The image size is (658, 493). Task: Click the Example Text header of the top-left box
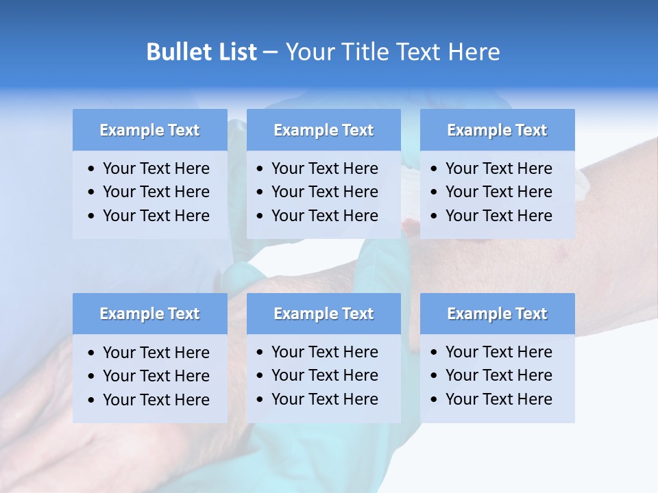(149, 130)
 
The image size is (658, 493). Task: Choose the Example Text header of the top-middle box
(324, 130)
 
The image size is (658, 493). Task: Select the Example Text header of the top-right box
(497, 130)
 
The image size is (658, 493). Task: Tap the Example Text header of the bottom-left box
(149, 314)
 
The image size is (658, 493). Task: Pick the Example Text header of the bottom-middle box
(324, 314)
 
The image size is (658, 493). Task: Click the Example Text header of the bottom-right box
(497, 314)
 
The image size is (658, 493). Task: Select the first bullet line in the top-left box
(156, 168)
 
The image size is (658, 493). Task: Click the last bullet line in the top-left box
(156, 216)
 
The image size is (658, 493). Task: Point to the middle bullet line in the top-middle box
(324, 192)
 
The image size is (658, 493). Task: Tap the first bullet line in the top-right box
(498, 168)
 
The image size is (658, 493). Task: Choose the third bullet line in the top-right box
(498, 216)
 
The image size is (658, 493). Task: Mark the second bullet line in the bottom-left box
(156, 376)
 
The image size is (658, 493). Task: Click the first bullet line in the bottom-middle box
(324, 352)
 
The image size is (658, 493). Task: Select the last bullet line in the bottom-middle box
(324, 399)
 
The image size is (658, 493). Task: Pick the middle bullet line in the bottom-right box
(498, 375)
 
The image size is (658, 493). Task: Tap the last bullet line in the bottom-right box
(498, 399)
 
